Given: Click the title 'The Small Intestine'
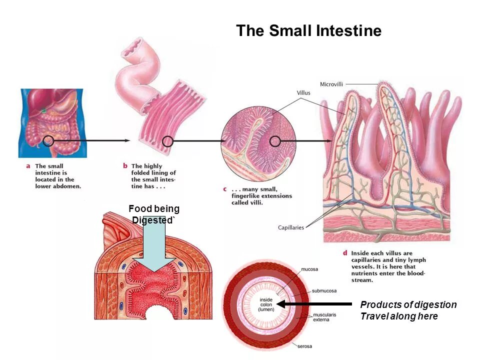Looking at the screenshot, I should pos(308,31).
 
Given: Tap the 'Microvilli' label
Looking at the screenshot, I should pos(331,83).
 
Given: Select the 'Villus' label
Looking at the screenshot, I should pos(303,93).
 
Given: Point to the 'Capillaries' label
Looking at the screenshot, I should pos(290,228).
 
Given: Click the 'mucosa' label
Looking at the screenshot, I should pos(309,269).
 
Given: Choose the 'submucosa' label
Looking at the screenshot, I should pos(324,290).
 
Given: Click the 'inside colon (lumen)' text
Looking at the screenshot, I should pos(265,304).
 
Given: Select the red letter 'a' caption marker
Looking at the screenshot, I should pos(27,166).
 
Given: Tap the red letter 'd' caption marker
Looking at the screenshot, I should pos(345,253).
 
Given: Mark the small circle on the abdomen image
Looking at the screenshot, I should pos(48,140).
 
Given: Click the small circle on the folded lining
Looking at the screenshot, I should pos(168,141).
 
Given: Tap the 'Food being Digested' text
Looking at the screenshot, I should pos(153,214).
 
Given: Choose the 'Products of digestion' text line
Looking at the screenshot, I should pos(408,305).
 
